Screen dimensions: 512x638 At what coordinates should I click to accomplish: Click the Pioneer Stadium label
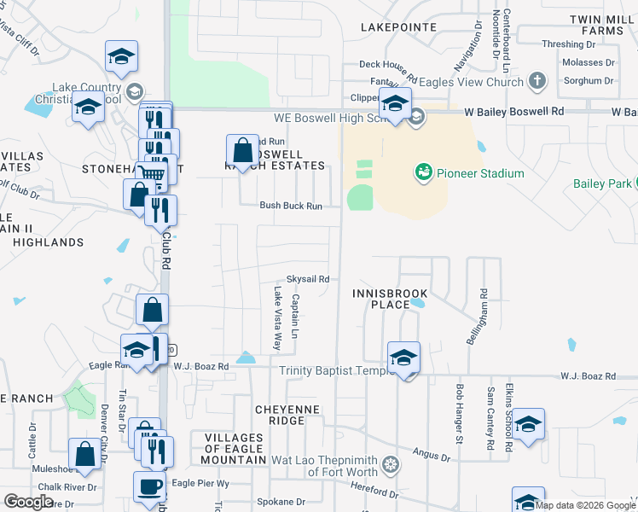tap(479, 173)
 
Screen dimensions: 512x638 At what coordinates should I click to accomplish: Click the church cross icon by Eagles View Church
tap(536, 82)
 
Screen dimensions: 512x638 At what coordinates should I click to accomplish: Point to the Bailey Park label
tap(602, 183)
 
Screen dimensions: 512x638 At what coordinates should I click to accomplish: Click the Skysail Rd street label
tap(307, 279)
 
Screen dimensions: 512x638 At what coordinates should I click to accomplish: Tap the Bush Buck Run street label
tap(291, 206)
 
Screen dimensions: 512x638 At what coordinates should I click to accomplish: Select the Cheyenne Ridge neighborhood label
tap(292, 415)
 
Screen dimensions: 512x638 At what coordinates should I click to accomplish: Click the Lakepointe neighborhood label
tap(398, 27)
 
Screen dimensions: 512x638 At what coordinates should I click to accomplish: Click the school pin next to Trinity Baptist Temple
tap(403, 358)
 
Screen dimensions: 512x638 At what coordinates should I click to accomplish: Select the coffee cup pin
tap(150, 486)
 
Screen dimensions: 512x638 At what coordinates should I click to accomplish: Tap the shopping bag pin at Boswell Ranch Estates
tap(242, 151)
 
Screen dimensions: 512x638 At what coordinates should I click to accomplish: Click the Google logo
tap(29, 502)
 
